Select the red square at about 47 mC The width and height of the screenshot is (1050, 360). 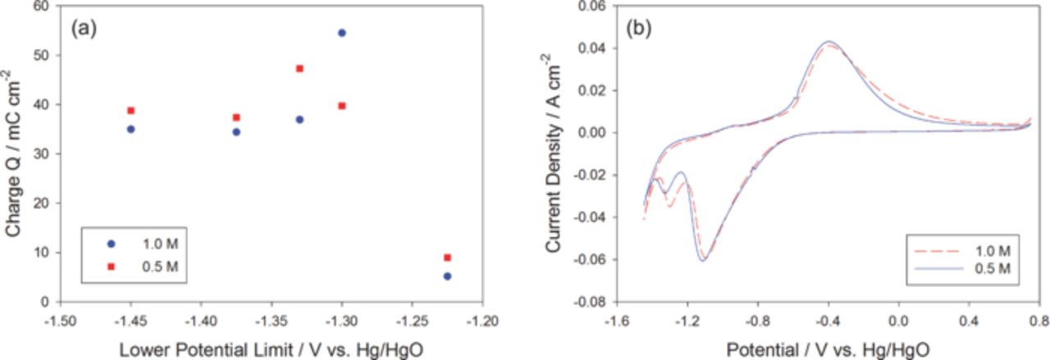tap(299, 69)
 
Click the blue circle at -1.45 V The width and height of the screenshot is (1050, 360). tap(130, 129)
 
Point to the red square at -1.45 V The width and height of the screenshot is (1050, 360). tap(130, 111)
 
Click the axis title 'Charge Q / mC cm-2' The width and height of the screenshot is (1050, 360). tap(14, 153)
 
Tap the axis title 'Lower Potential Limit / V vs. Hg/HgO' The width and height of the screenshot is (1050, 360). tap(271, 349)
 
